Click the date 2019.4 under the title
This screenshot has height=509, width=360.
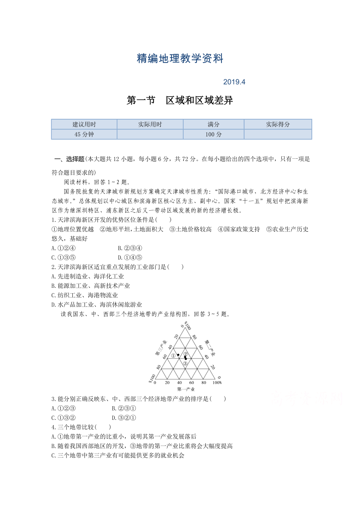pos(234,82)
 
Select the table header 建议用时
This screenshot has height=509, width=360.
pos(84,124)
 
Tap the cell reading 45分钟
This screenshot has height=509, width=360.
pos(84,134)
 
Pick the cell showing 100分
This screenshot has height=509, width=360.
pos(213,134)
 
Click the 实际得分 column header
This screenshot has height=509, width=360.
pos(278,124)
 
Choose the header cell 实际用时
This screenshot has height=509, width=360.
pos(150,124)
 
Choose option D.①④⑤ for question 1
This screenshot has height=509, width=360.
pos(130,257)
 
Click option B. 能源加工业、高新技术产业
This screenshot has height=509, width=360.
pos(91,286)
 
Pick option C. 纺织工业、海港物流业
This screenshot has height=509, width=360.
pos(85,295)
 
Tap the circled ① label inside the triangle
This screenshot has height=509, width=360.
pos(173,356)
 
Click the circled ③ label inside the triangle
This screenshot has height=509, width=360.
pos(185,363)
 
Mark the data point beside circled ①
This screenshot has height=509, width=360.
pos(178,355)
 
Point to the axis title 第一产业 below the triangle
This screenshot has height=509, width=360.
pos(186,389)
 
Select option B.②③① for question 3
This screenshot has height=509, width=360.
pos(124,409)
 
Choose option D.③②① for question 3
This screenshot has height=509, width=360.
pos(124,418)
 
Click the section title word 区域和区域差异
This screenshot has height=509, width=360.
pos(199,100)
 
